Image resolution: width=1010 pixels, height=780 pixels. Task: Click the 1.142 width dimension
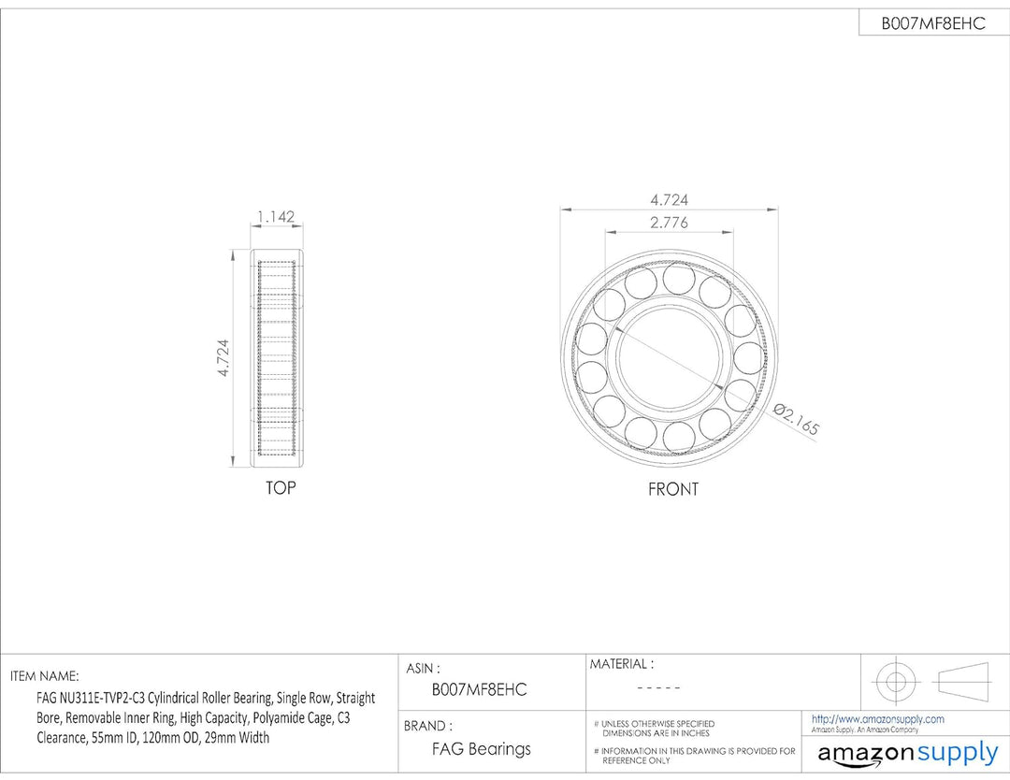click(276, 216)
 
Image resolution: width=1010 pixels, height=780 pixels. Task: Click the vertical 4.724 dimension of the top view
click(223, 358)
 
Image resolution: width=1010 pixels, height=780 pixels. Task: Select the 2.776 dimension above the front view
click(669, 223)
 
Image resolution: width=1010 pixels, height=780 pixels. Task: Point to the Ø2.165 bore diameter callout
click(796, 418)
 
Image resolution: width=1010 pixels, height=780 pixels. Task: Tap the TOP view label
click(281, 488)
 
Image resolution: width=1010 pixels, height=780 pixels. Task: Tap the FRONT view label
click(673, 489)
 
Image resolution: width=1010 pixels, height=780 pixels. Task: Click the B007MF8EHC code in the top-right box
click(933, 23)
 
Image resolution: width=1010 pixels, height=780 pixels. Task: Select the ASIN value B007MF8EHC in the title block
click(479, 690)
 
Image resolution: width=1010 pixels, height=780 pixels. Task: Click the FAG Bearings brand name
click(482, 749)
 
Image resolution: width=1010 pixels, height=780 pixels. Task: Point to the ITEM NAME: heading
click(45, 676)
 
